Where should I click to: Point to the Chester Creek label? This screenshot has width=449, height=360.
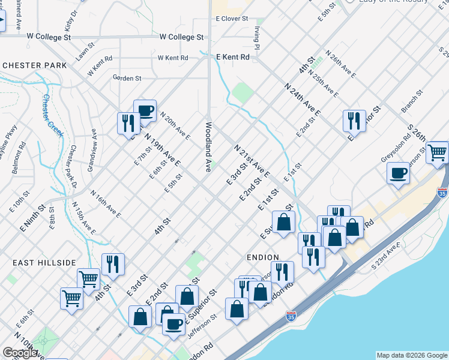point(53,115)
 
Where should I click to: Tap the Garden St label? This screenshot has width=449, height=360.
point(127,78)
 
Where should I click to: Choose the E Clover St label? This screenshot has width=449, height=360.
point(232,19)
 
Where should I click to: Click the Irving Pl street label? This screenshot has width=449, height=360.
point(256,37)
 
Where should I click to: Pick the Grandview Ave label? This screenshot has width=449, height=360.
point(92,150)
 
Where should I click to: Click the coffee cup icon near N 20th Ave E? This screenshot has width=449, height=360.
point(145,110)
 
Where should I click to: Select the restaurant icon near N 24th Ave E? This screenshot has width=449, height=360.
point(354,121)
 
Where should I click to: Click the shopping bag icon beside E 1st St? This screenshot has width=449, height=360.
point(283,221)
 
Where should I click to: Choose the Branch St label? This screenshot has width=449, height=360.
point(412,101)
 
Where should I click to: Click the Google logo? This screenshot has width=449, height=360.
point(20,353)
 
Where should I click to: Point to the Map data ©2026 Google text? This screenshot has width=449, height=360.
point(411,355)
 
